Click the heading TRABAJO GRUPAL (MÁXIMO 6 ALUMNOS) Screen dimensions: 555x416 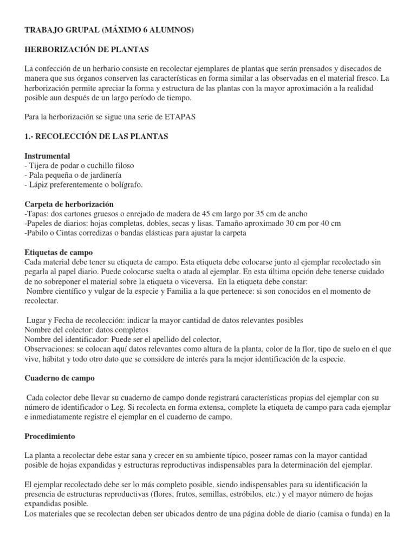point(109,31)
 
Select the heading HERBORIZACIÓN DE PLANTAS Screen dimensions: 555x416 point(87,50)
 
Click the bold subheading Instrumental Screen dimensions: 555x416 point(48,156)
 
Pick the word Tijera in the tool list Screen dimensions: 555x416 point(40,165)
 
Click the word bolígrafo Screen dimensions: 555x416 point(125,185)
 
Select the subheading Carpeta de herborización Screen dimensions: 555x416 point(69,204)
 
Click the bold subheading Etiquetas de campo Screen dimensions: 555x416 point(59,253)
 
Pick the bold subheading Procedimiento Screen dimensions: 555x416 point(50,436)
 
